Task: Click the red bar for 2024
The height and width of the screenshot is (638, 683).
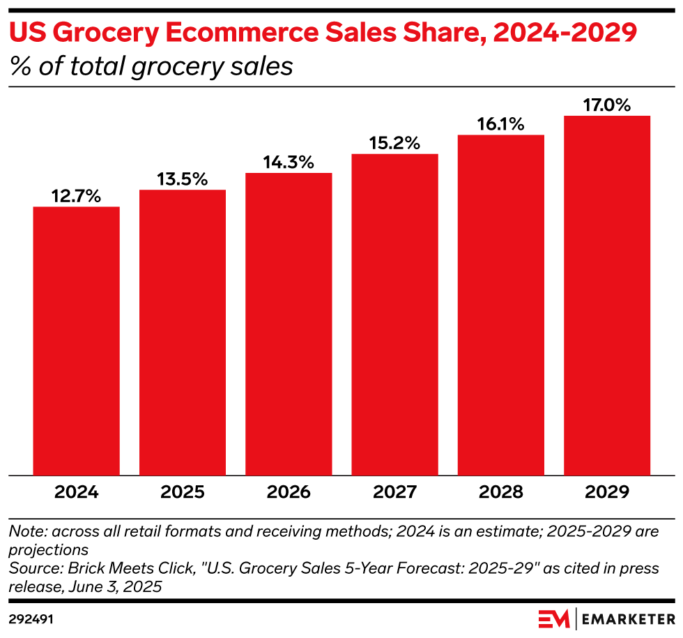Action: coord(77,341)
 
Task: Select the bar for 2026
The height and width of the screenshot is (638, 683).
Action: coord(289,324)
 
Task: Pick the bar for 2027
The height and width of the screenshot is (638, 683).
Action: coord(395,314)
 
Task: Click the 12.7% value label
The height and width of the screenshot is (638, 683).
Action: coord(77,197)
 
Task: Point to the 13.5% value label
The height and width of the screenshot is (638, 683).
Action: coord(183,179)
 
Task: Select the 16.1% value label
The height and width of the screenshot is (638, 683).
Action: coord(500,124)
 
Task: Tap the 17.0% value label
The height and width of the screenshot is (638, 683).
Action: coord(607,105)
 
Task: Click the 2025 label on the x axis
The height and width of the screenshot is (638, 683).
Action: coord(183,492)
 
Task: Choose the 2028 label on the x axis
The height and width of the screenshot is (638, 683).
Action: coord(500,492)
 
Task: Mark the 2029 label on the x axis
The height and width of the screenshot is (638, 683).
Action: coord(607,492)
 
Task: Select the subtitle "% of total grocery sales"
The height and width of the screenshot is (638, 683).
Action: coord(150,67)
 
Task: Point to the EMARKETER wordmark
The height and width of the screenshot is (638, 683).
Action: coord(627,618)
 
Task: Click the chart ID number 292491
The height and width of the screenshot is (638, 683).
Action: coord(32,618)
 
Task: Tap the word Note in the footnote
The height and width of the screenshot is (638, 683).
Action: coord(25,531)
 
